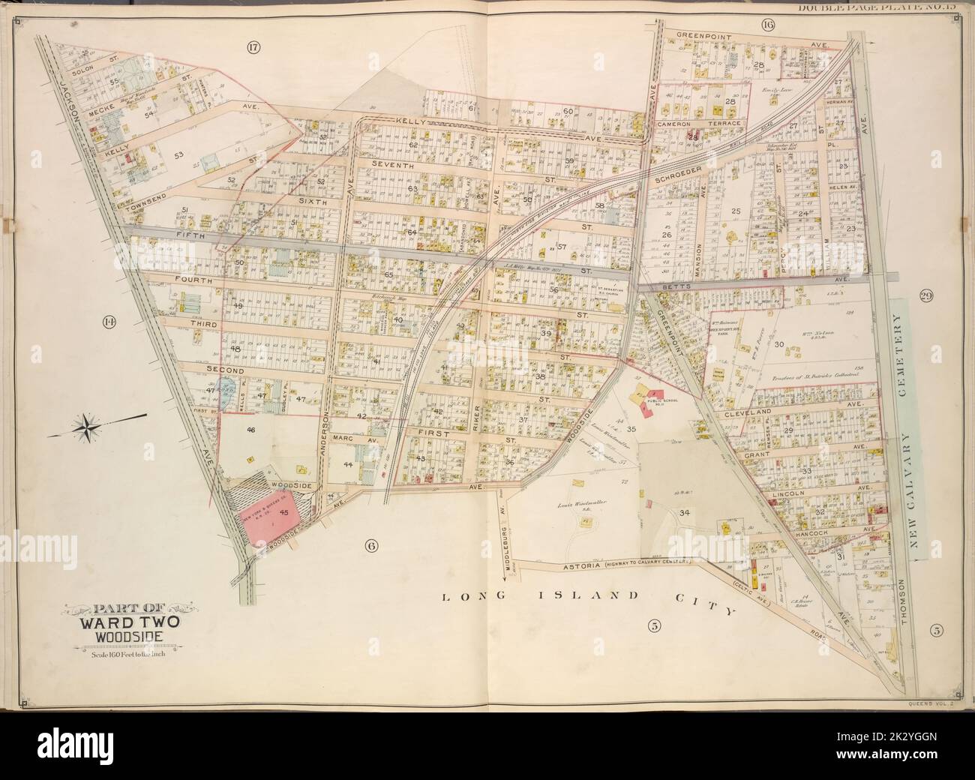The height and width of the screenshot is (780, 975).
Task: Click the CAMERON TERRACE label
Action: tap(699, 122)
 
